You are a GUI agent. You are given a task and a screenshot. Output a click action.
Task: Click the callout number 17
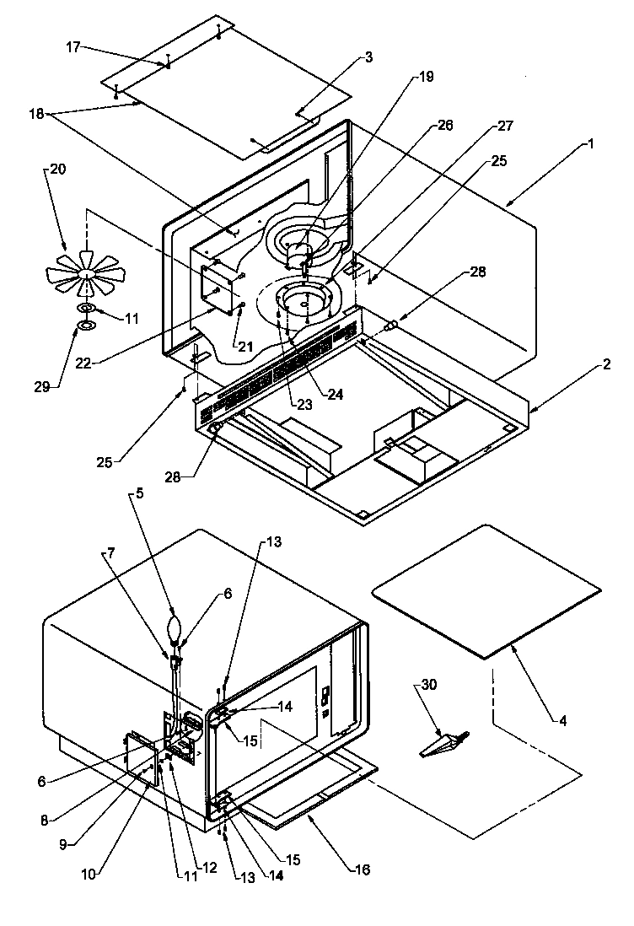[x=73, y=48]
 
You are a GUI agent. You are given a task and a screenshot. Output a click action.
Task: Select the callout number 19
[x=426, y=77]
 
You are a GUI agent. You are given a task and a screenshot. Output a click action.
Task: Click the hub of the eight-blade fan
[x=87, y=274]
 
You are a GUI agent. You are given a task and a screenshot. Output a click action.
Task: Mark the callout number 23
[x=304, y=404]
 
